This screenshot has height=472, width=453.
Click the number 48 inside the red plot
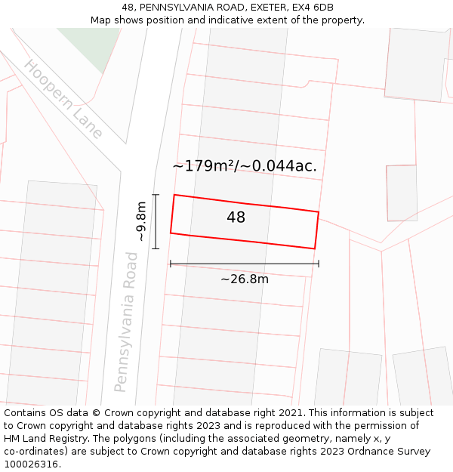pos(236,217)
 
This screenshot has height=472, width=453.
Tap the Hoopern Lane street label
pos(63,100)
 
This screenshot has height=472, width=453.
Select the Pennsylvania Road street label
pos(126,322)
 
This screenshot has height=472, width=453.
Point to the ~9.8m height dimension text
pos(140,221)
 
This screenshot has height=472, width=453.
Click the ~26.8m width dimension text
pos(245,279)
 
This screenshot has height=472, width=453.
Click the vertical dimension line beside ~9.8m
pos(156,221)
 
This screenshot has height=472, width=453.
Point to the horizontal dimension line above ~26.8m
pos(245,264)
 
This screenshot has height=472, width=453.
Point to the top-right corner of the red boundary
pos(318,212)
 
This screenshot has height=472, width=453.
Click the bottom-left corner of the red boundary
pos(171,233)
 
